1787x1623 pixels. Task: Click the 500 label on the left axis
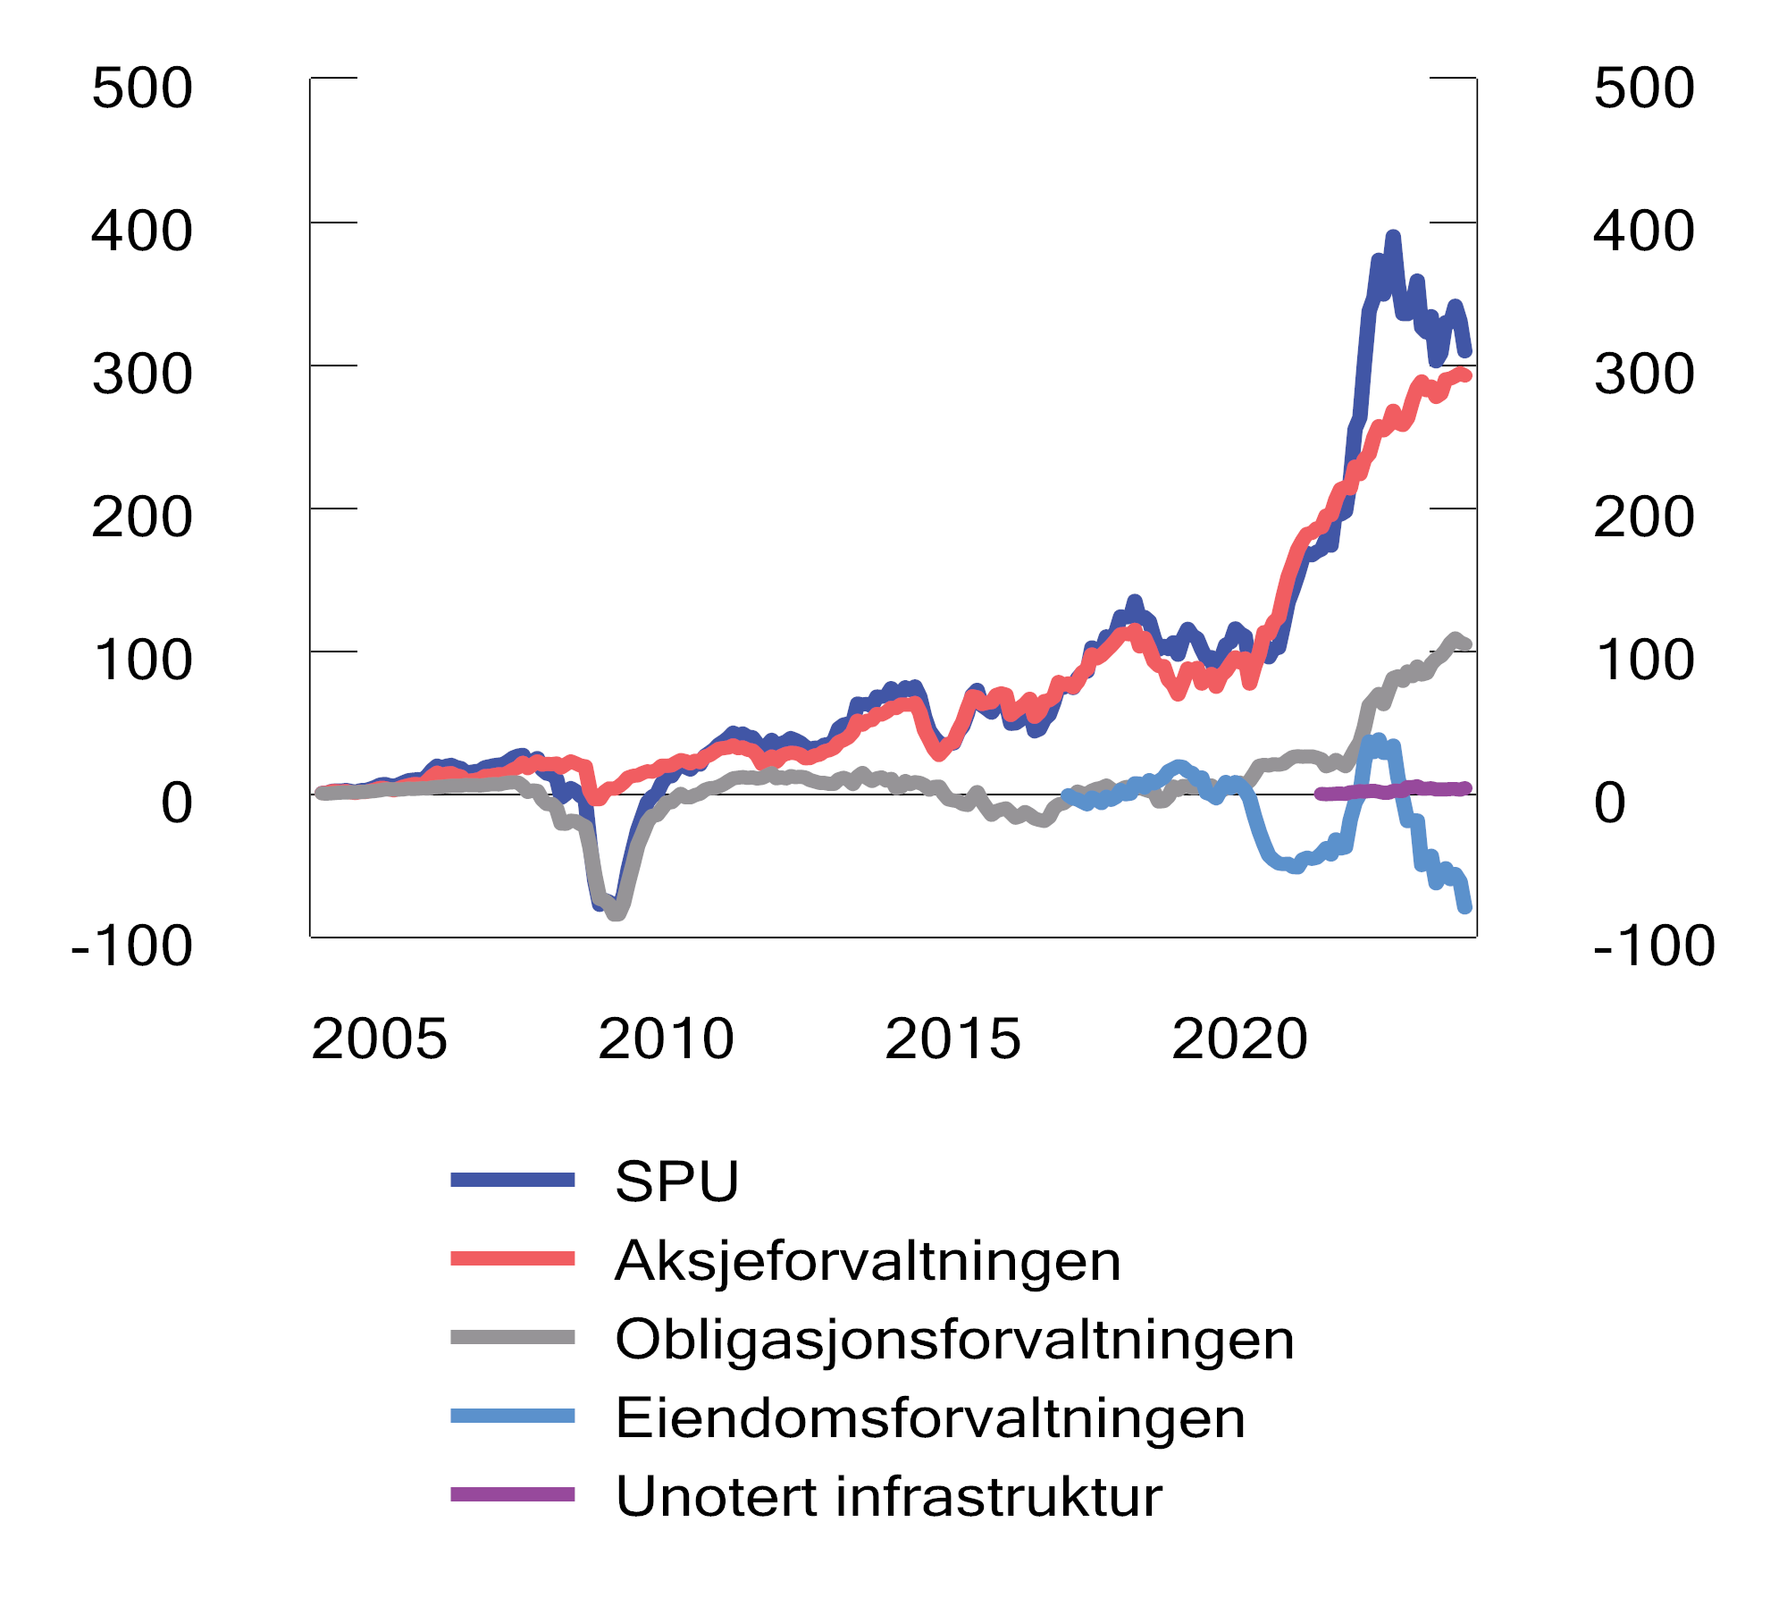pos(142,88)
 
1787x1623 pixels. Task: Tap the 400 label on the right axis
pos(1643,231)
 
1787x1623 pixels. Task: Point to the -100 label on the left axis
pos(131,946)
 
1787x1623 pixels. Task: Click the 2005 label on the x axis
pos(379,1039)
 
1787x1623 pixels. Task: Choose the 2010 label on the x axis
pos(666,1039)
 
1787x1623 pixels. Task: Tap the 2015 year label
pos(952,1039)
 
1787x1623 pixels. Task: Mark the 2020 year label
pos(1239,1039)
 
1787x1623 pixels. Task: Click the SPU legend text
pos(677,1182)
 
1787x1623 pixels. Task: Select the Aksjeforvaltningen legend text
pos(868,1261)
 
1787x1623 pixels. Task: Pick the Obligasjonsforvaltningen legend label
pos(954,1340)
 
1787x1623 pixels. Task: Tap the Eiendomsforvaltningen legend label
pos(930,1418)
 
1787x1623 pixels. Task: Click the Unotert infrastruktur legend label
pos(889,1497)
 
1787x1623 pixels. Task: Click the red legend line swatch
pos(512,1259)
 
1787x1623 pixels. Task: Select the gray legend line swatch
pos(512,1338)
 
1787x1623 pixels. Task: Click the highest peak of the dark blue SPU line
pos(1393,237)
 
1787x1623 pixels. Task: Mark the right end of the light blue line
pos(1466,908)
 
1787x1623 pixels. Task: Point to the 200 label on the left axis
pos(142,517)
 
